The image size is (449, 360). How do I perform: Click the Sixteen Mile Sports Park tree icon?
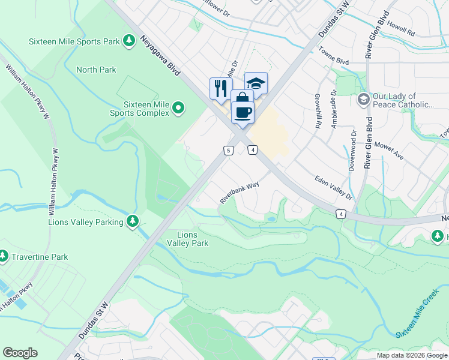[128, 41]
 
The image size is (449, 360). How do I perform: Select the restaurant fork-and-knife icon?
[220, 88]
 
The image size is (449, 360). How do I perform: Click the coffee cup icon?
[243, 112]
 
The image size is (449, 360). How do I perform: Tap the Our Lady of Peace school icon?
[363, 99]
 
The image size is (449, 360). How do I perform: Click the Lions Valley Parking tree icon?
[133, 222]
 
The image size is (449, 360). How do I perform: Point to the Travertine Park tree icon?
[3, 257]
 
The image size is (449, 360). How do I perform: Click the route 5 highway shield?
[228, 150]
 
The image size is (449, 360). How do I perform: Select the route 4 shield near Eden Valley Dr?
[340, 214]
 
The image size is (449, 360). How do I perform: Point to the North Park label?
[96, 70]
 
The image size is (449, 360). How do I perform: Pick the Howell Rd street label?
[401, 28]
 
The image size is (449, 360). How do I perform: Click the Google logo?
[20, 353]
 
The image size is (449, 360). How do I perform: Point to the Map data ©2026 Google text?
[411, 355]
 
